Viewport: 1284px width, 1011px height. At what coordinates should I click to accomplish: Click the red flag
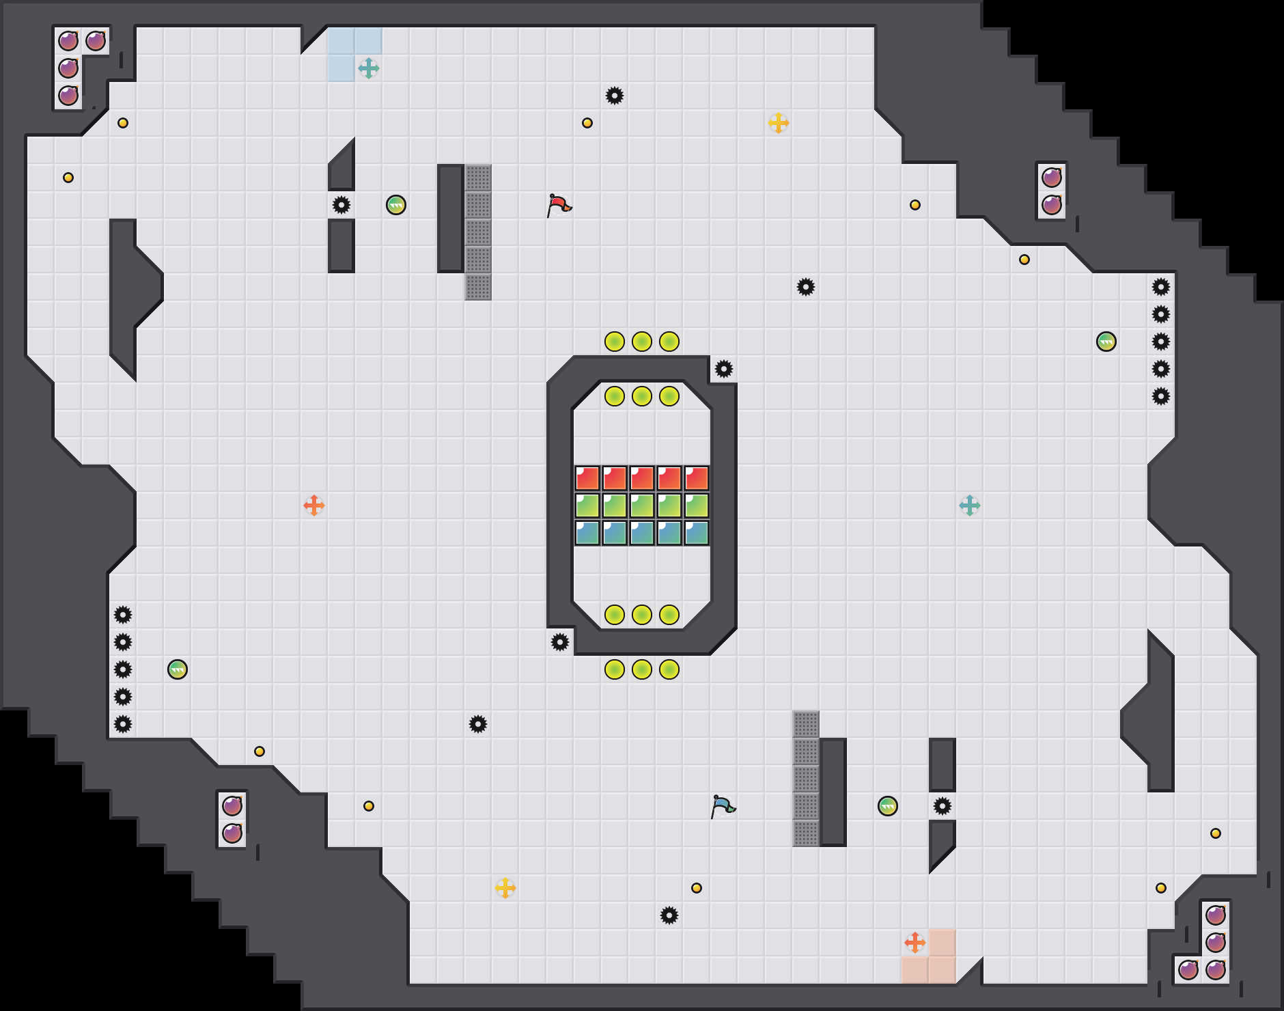(x=559, y=204)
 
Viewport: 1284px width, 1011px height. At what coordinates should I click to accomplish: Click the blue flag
(x=723, y=805)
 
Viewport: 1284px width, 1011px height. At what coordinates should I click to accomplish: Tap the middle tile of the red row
(x=642, y=478)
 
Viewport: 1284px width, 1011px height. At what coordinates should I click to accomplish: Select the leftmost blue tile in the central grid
(x=587, y=533)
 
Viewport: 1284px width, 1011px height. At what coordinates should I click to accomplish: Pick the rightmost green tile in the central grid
(x=697, y=505)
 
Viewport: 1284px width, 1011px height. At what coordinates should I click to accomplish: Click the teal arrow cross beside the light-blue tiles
(x=369, y=68)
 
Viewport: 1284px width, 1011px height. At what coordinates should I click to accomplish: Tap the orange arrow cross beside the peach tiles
(x=915, y=943)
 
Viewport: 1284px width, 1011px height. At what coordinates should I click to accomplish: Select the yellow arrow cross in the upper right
(x=779, y=123)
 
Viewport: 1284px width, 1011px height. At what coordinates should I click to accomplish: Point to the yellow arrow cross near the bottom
(x=505, y=888)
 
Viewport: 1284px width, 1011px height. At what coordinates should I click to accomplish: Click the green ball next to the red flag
(x=396, y=205)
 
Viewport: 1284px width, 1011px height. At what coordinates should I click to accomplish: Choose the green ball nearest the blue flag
(x=888, y=806)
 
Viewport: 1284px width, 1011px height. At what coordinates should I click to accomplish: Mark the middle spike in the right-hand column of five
(x=1161, y=342)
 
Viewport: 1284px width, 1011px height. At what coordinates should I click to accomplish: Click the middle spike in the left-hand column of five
(x=123, y=669)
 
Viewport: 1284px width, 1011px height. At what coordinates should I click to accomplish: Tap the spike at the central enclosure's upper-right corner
(x=724, y=369)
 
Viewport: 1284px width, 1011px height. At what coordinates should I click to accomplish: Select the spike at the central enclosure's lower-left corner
(x=560, y=642)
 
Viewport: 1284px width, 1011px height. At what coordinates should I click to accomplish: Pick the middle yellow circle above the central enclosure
(x=642, y=342)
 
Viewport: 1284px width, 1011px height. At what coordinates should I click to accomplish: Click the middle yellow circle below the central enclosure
(x=642, y=669)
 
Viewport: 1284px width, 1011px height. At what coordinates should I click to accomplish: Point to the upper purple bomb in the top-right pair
(x=1052, y=178)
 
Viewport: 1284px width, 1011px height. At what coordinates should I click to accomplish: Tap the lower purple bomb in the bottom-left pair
(x=232, y=833)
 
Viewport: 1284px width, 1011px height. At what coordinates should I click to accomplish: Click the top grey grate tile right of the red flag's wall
(x=478, y=178)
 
